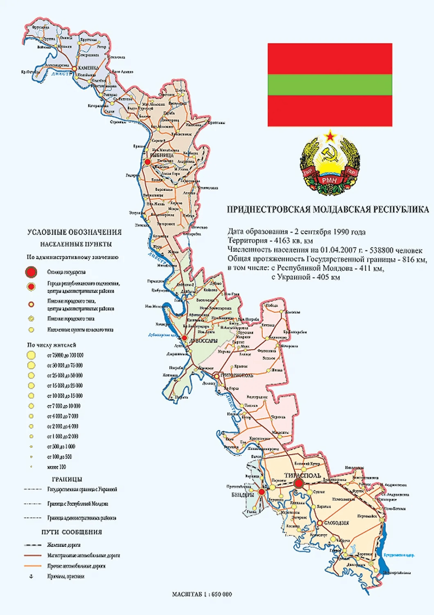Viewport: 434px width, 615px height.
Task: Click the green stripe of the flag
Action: (330, 84)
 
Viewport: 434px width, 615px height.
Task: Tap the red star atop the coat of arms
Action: (329, 136)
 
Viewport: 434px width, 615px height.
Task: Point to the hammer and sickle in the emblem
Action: (329, 155)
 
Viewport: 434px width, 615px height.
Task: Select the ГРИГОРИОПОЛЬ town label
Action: (237, 375)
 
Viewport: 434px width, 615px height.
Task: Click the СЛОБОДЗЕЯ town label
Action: (336, 523)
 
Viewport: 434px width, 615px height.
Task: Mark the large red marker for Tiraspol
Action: (299, 484)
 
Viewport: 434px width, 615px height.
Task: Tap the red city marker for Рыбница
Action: (147, 162)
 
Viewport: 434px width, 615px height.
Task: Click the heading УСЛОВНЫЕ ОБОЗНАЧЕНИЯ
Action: (75, 232)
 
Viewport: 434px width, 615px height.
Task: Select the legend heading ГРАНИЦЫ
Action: (67, 479)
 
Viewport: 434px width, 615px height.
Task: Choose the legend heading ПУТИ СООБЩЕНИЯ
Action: (72, 532)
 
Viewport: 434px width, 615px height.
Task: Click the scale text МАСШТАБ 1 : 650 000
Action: (202, 594)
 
